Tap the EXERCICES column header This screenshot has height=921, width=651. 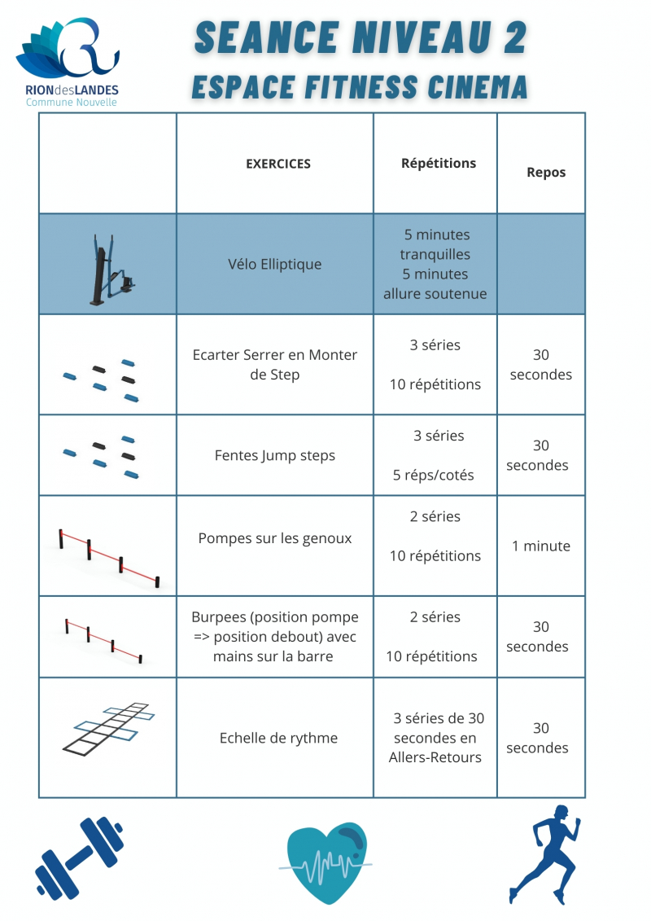(278, 164)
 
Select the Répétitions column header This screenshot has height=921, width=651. (439, 163)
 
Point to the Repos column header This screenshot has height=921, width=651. (546, 173)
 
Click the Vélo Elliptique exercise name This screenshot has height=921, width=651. (275, 265)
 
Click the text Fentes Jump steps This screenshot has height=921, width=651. (275, 456)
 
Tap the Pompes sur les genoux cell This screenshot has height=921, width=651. (275, 539)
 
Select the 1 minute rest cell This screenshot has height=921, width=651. (541, 546)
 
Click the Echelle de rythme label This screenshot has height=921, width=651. (278, 739)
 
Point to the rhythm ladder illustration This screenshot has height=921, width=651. (108, 727)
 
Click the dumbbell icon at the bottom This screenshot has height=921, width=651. (80, 857)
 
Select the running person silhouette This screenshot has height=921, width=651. (547, 853)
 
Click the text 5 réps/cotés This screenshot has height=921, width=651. (434, 475)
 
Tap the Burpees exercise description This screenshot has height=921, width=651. (273, 637)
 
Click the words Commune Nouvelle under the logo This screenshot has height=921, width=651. (72, 103)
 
